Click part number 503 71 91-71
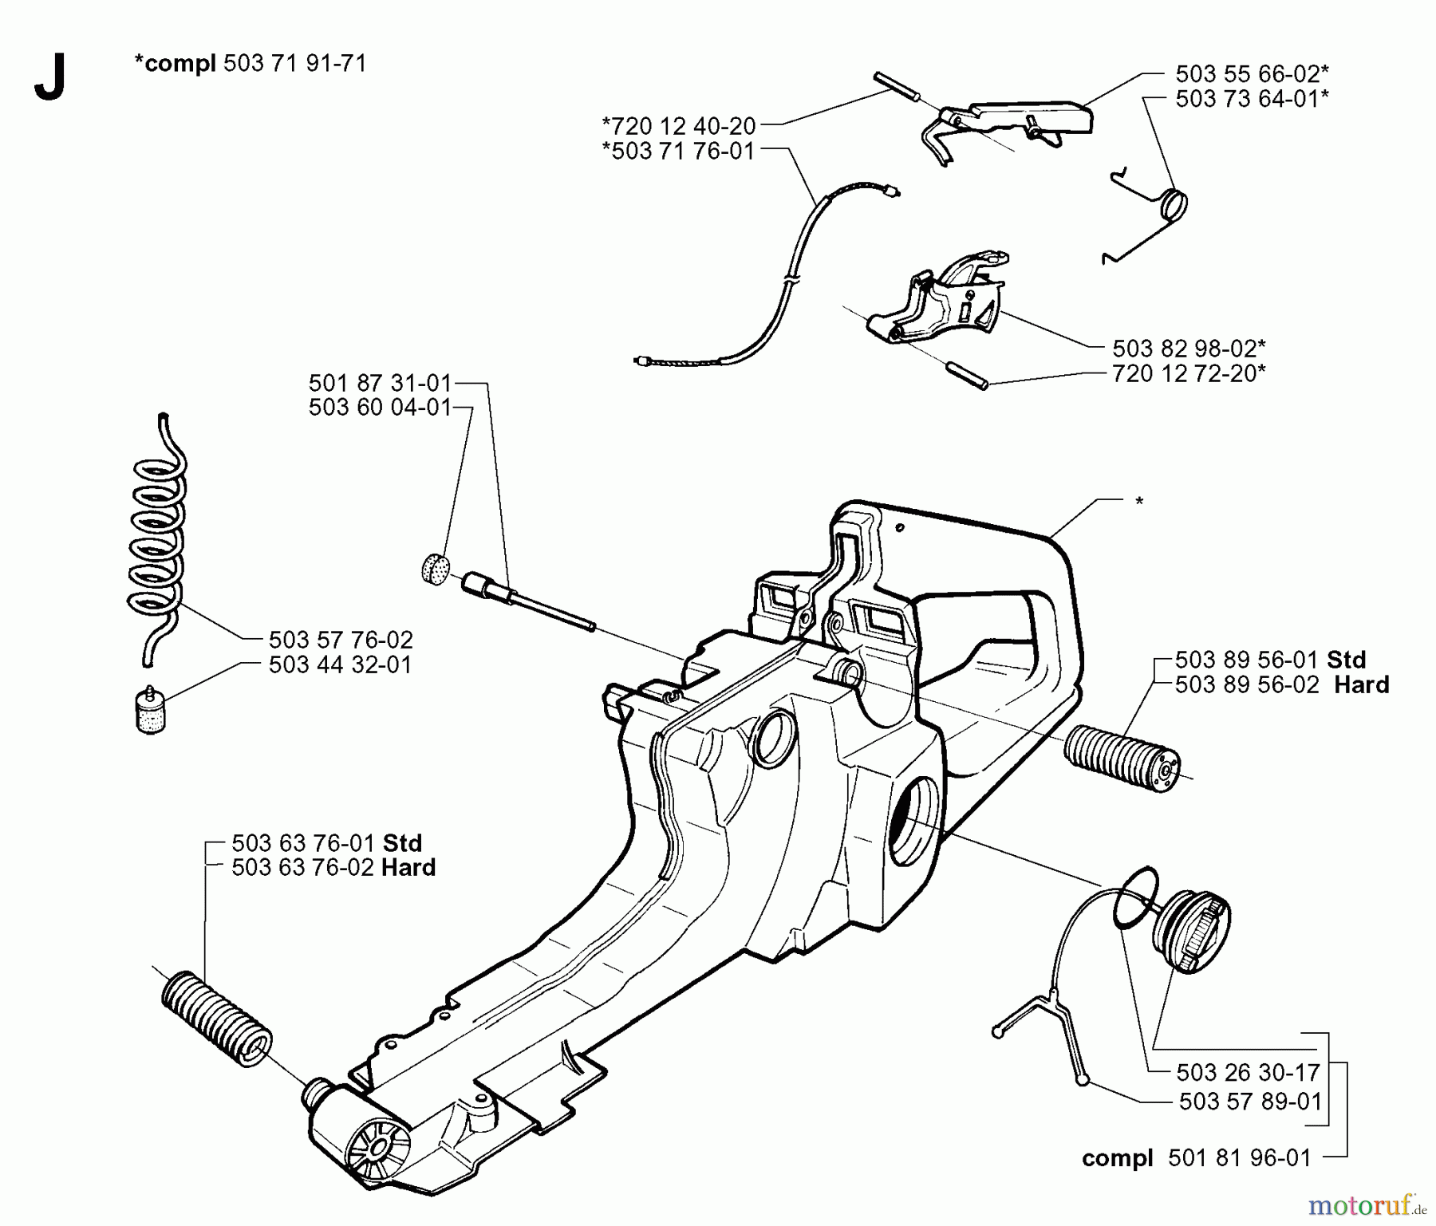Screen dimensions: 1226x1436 coord(294,64)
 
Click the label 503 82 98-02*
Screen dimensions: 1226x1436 coord(1189,349)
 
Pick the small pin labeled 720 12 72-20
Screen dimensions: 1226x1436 coord(966,375)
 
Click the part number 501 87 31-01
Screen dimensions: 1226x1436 coord(380,383)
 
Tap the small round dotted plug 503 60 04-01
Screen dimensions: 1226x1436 coord(434,569)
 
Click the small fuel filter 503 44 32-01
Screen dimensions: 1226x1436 coord(150,708)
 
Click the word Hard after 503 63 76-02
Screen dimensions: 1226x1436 coord(408,868)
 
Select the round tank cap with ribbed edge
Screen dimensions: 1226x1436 coord(1194,932)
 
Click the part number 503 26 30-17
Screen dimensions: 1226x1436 coord(1248,1072)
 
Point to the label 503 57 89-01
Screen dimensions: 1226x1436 coord(1250,1102)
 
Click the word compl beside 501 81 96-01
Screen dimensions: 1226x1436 coord(1117,1158)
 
